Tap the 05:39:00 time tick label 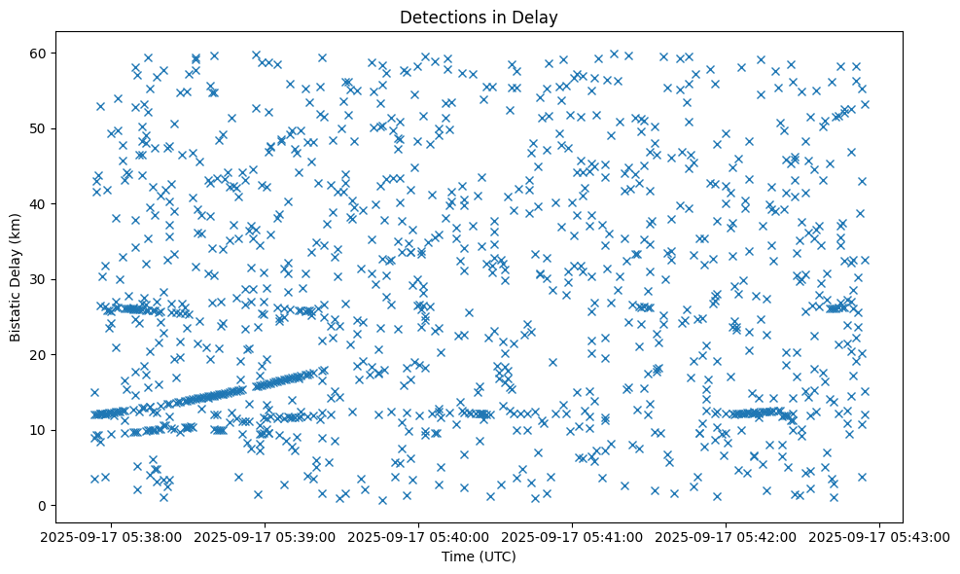coord(265,536)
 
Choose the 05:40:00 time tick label coord(418,536)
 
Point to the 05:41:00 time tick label coord(573,536)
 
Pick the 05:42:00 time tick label coord(727,536)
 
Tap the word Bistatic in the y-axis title coord(16,313)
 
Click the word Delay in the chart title coord(538,17)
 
